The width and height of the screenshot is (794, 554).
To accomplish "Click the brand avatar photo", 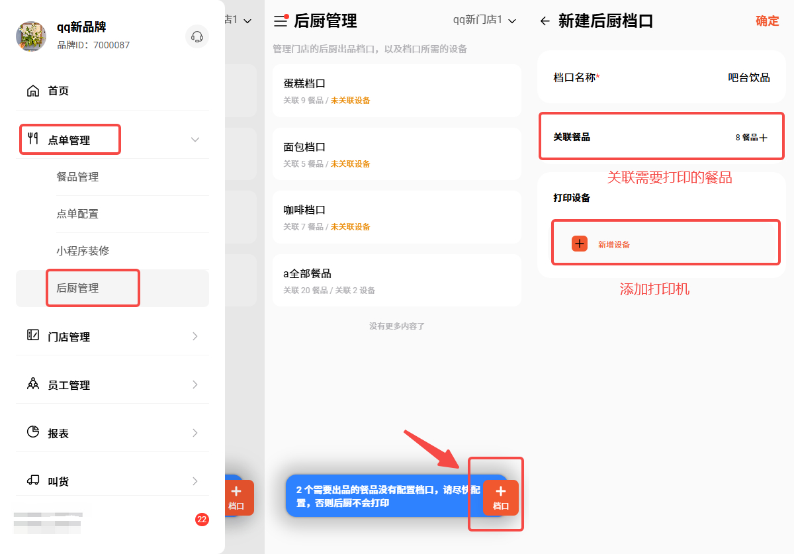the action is click(31, 36).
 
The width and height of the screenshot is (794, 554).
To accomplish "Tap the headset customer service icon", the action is click(197, 36).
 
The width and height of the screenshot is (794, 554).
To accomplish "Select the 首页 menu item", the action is click(58, 91).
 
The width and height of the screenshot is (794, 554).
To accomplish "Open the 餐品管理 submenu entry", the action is click(77, 177).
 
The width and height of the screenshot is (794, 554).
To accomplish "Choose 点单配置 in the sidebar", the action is click(77, 214).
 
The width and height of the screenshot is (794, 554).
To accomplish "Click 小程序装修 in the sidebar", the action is click(83, 251).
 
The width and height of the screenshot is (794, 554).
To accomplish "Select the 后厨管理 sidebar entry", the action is click(77, 288).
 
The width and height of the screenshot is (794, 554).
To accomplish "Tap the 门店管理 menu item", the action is click(69, 337).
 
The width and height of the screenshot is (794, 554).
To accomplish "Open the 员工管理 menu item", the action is click(69, 385).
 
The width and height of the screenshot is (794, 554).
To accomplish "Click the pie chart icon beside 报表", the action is click(33, 432).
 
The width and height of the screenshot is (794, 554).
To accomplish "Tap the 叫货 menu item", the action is click(58, 481).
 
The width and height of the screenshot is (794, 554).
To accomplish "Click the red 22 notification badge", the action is click(202, 520).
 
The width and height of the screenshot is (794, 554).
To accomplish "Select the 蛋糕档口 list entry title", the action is click(304, 83).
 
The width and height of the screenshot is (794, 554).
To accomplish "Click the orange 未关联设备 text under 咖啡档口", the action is click(350, 226).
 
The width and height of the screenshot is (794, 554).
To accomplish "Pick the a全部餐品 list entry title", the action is click(307, 273).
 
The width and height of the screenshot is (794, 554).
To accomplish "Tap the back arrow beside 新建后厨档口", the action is click(545, 21).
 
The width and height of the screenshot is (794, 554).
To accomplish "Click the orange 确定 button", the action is click(767, 21).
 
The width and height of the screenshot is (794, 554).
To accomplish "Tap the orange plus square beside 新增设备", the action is click(579, 244).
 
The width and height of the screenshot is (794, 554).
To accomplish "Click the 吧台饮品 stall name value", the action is click(748, 77).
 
